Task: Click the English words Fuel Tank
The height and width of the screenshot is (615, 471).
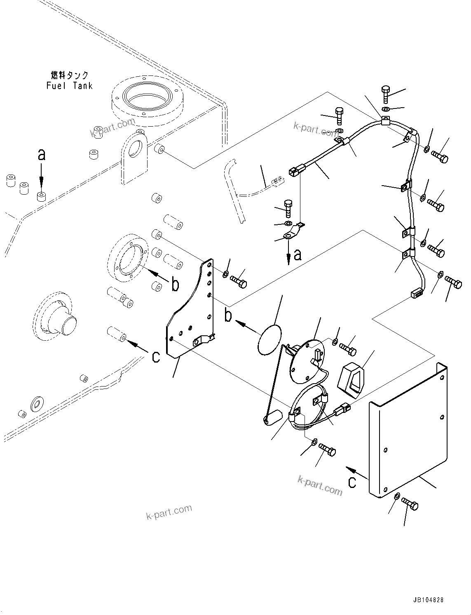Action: pyautogui.click(x=69, y=86)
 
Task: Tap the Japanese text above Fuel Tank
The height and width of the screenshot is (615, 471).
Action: pyautogui.click(x=70, y=75)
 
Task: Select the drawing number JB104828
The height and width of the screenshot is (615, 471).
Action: pyautogui.click(x=426, y=600)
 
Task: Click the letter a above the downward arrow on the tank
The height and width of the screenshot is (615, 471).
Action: pyautogui.click(x=41, y=155)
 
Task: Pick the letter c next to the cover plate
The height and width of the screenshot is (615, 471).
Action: pyautogui.click(x=352, y=482)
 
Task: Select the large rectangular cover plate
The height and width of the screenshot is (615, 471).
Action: pyautogui.click(x=408, y=429)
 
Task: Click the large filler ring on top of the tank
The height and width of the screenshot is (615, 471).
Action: pyautogui.click(x=148, y=99)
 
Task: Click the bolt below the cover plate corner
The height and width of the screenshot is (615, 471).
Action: pyautogui.click(x=410, y=504)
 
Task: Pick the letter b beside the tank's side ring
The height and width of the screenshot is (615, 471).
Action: pyautogui.click(x=175, y=285)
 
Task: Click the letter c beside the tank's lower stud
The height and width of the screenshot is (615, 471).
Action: pyautogui.click(x=155, y=356)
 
